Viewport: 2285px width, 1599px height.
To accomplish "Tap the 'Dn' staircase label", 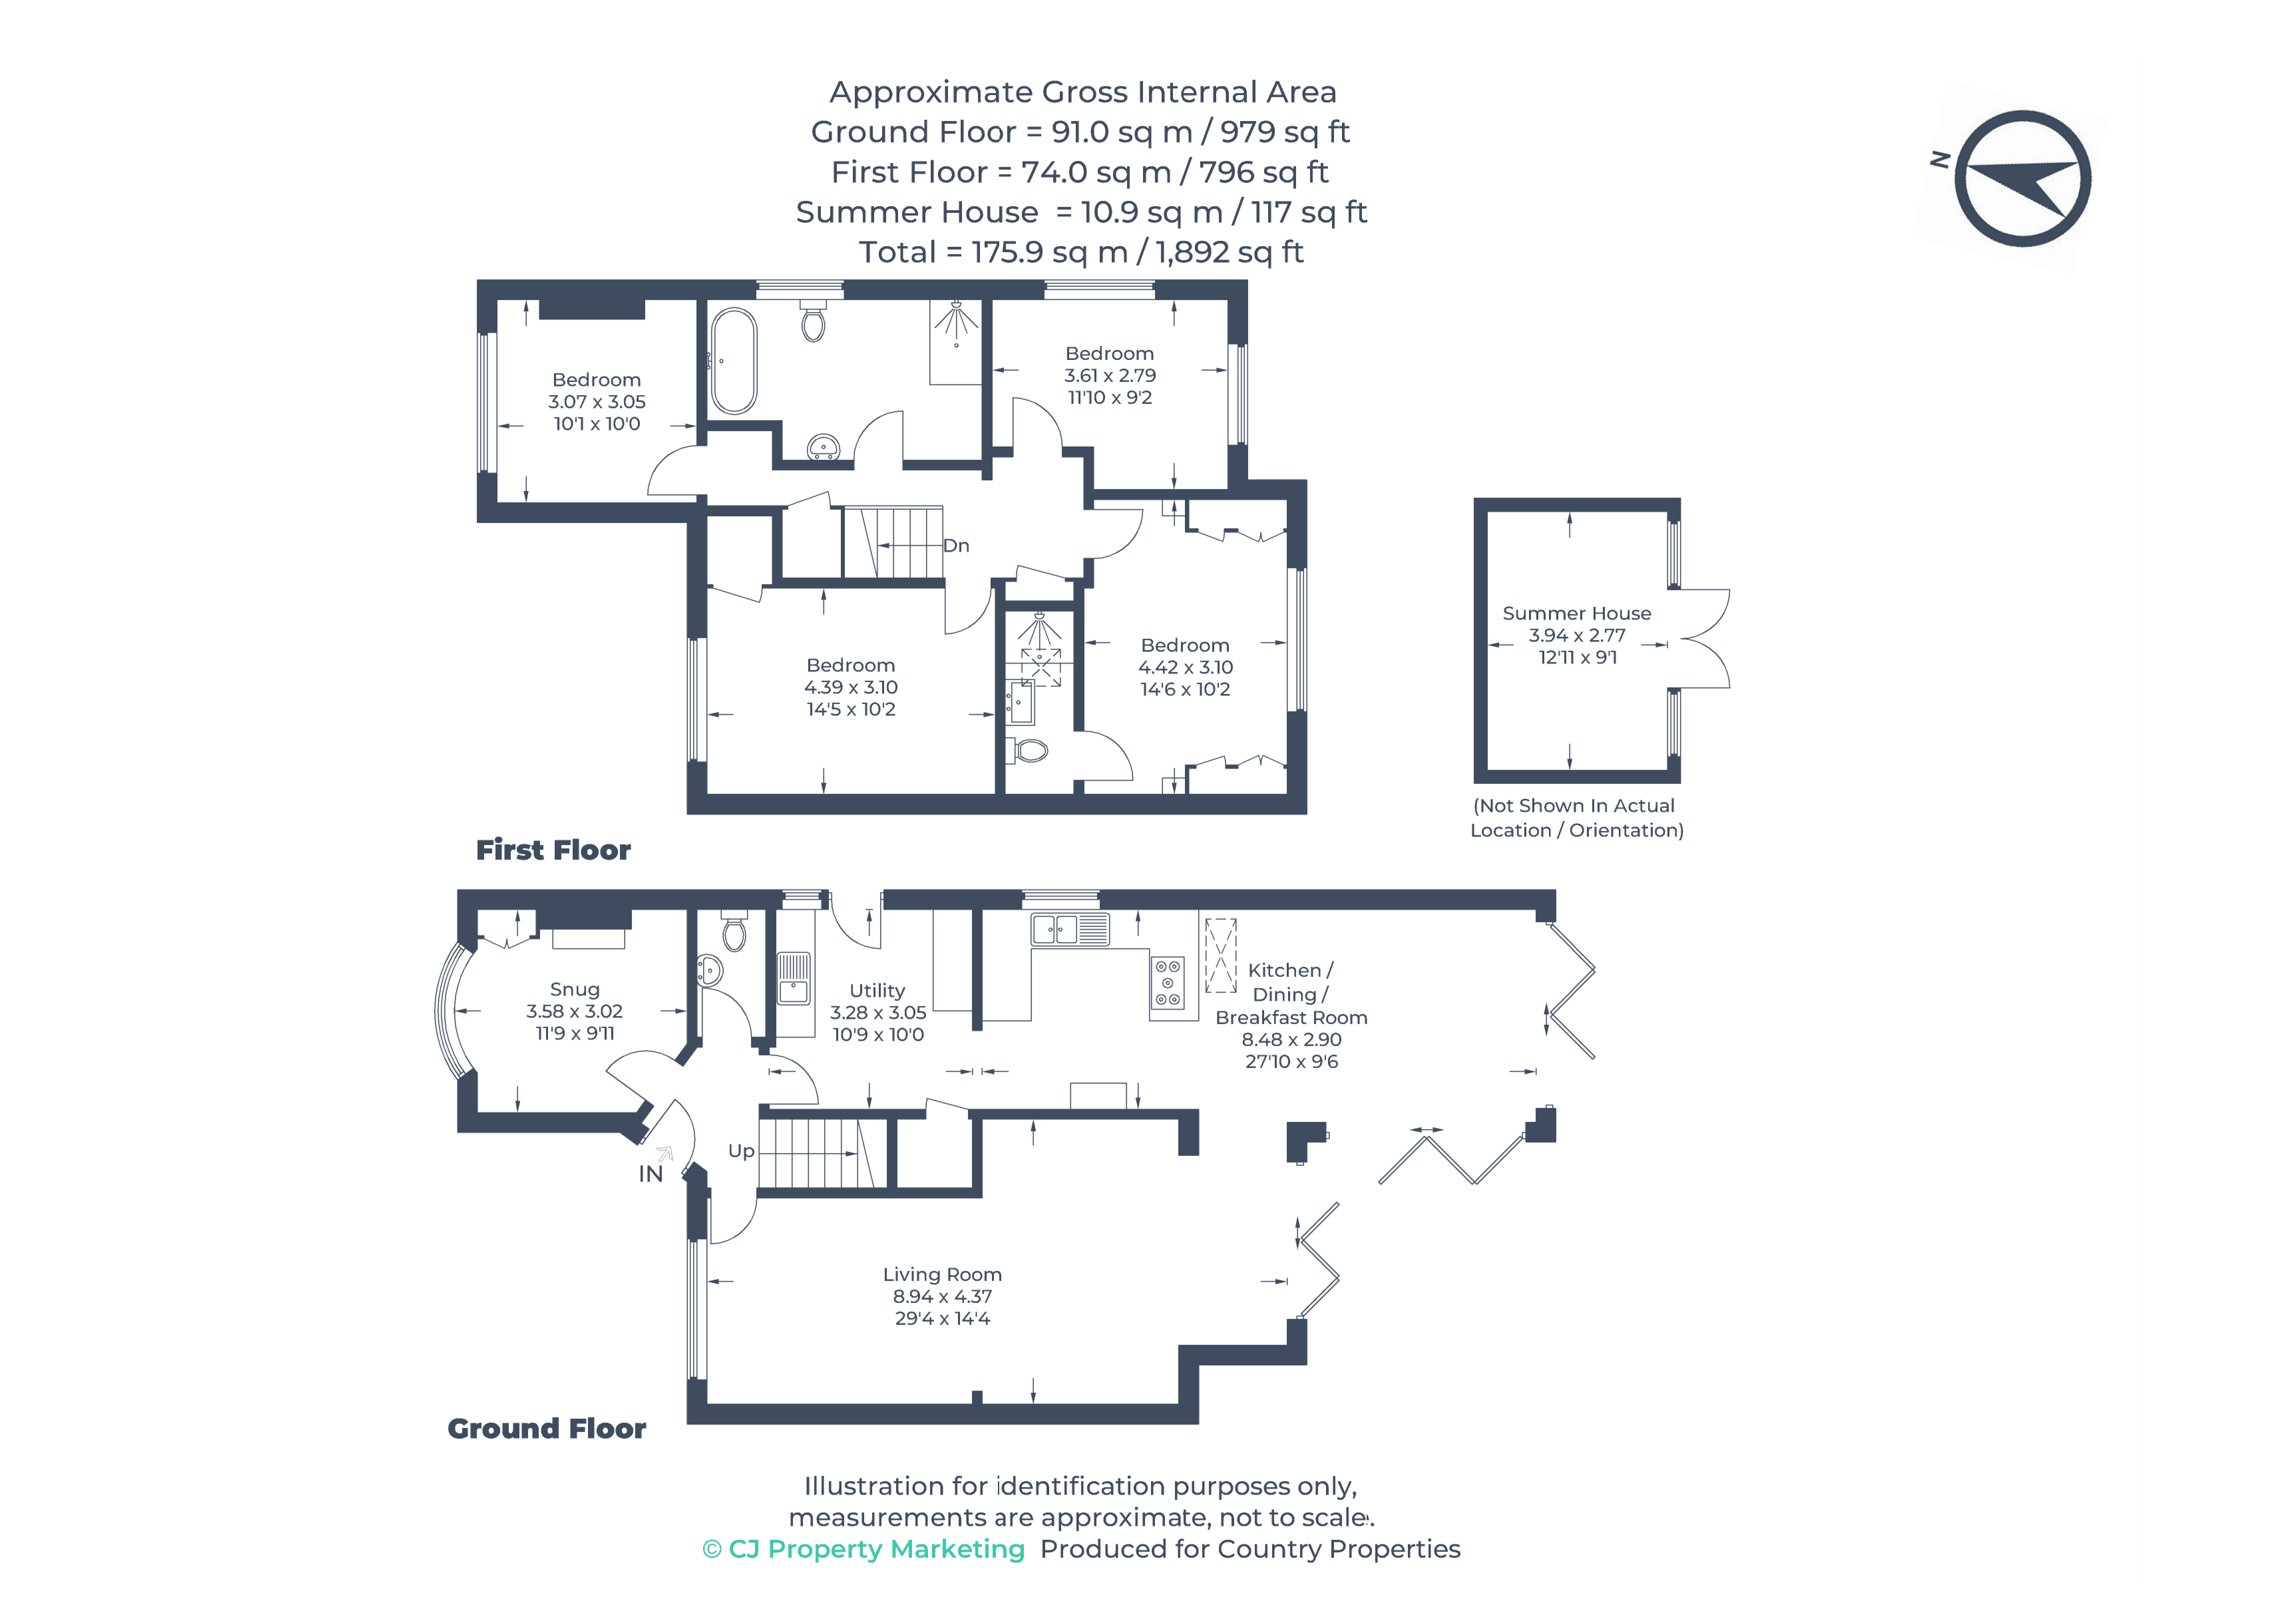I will tap(955, 545).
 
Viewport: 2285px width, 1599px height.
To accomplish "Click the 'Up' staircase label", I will tap(740, 1151).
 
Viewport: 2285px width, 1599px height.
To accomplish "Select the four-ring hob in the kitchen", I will tap(1167, 983).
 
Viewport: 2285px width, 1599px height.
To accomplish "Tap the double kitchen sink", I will tap(1055, 929).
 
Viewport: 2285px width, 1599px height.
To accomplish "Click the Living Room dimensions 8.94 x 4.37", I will tap(941, 1297).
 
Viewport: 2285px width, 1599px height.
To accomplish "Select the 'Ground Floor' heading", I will tap(546, 1429).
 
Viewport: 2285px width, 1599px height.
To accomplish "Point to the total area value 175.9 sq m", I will tap(1049, 253).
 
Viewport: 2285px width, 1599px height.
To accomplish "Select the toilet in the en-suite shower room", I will tap(1030, 750).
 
